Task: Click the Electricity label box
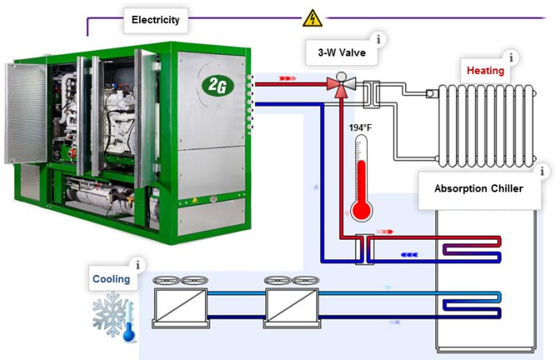[x=156, y=20]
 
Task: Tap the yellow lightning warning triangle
[x=313, y=17]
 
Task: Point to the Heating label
[x=484, y=70]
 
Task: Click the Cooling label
[x=111, y=279]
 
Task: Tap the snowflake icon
[x=109, y=314]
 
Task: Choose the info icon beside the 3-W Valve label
[x=379, y=38]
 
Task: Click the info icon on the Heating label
[x=512, y=57]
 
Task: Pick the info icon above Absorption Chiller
[x=543, y=171]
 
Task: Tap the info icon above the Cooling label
[x=140, y=265]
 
